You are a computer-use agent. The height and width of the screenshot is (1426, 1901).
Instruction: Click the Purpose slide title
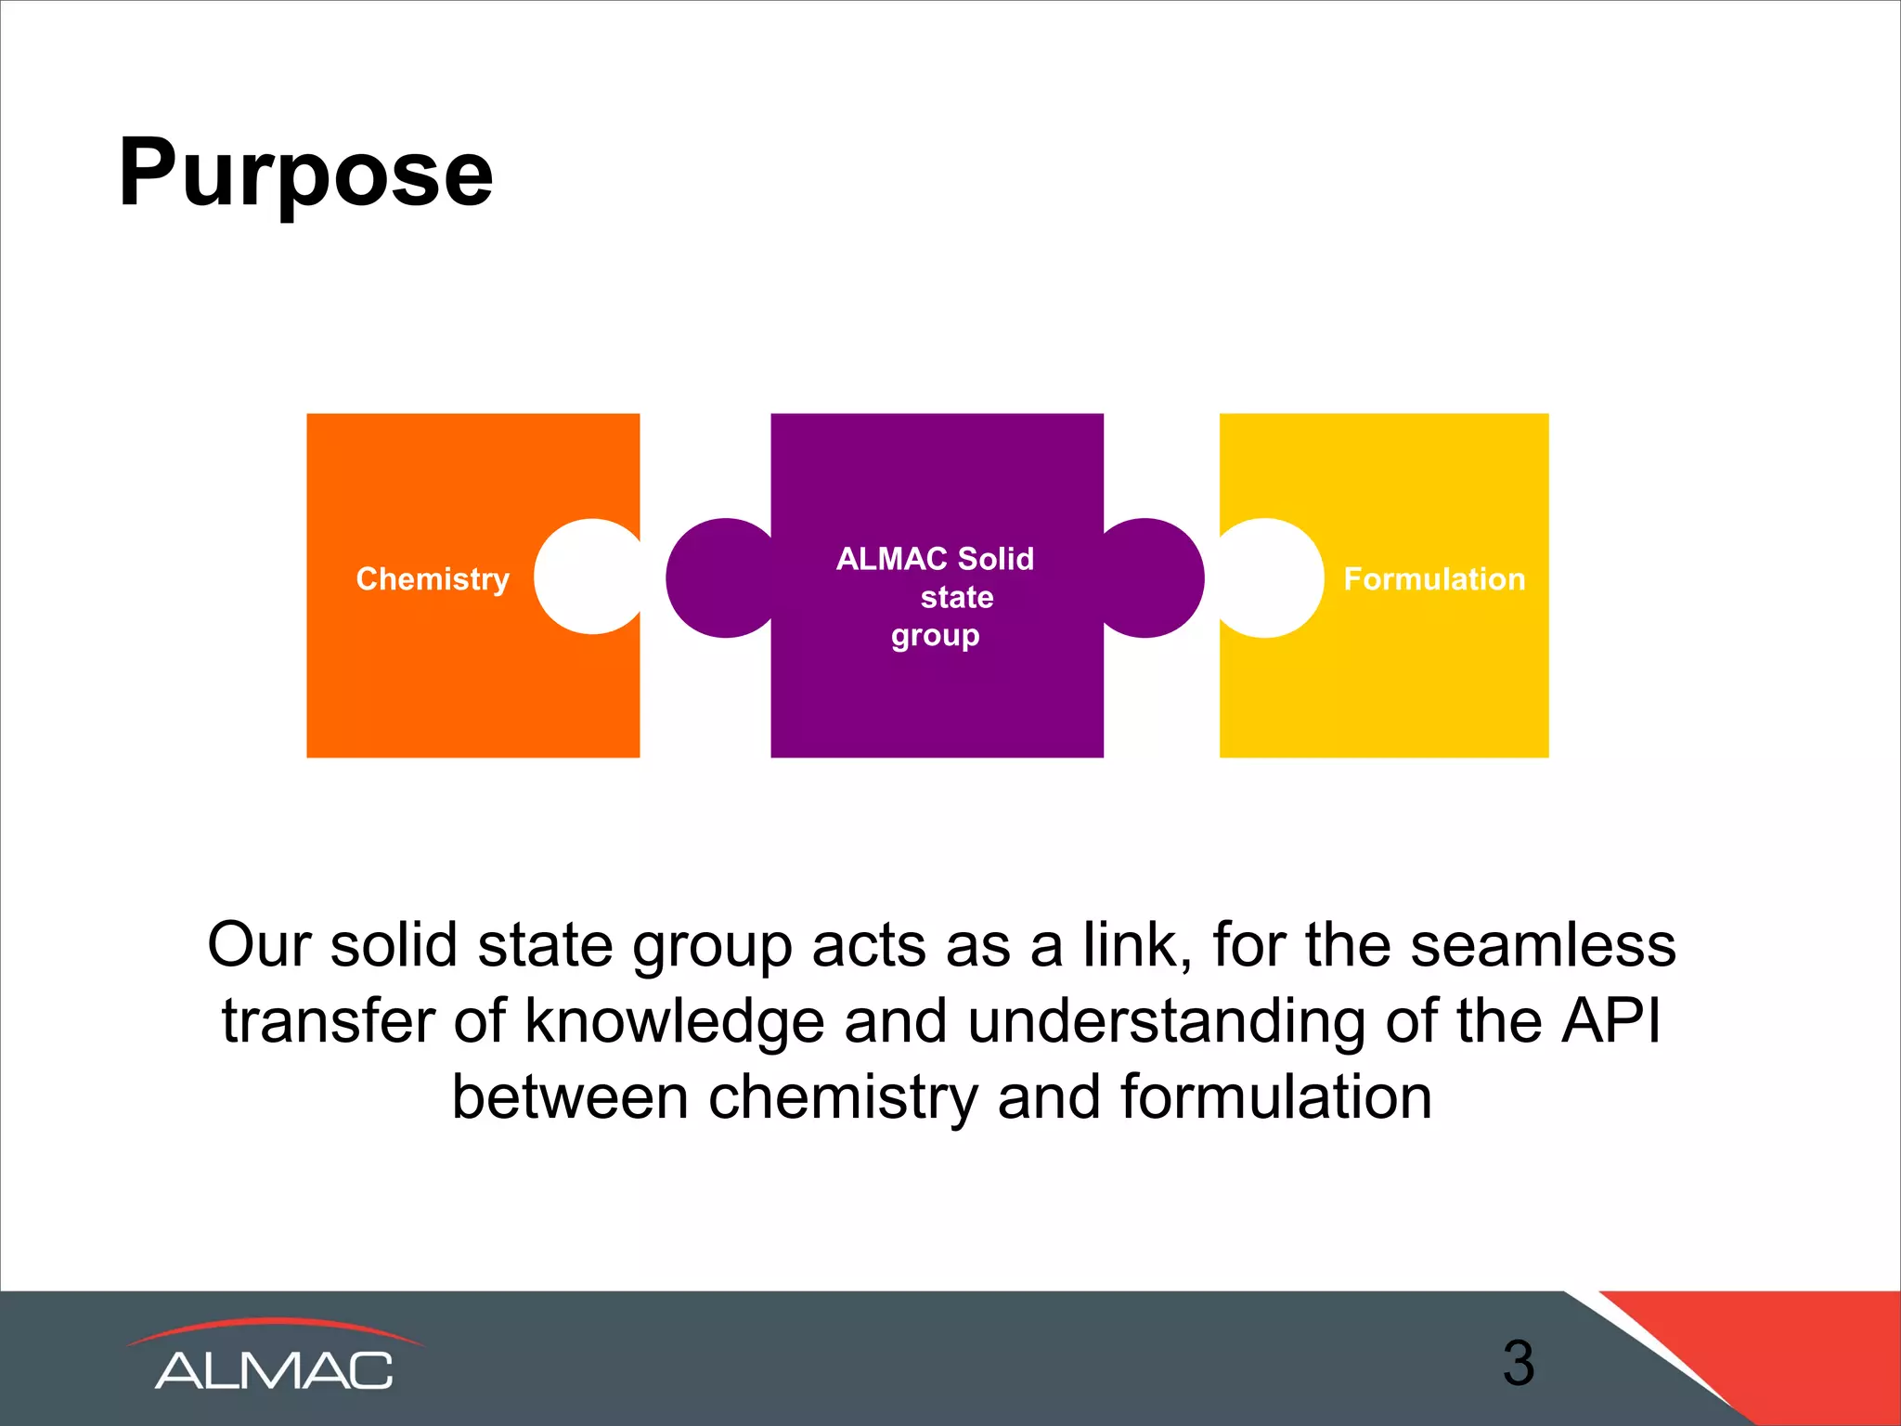305,173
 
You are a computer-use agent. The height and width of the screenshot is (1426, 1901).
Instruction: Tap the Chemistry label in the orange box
433,578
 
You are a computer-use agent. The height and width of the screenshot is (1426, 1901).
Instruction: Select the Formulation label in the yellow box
1434,578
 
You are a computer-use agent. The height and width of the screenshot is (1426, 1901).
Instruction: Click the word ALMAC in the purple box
891,558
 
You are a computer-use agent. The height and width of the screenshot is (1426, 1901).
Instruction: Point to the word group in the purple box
935,636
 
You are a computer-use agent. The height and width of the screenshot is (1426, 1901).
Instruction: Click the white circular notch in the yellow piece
1270,577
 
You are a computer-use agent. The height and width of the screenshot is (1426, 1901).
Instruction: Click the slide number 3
1519,1363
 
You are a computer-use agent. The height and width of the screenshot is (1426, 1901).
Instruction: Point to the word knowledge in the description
675,1021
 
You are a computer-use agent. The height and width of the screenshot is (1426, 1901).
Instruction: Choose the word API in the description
1611,1021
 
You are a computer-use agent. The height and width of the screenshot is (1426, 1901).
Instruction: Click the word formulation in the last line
1276,1097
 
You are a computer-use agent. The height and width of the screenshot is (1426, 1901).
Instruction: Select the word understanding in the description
1166,1021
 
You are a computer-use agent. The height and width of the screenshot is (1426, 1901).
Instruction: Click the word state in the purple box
956,597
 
